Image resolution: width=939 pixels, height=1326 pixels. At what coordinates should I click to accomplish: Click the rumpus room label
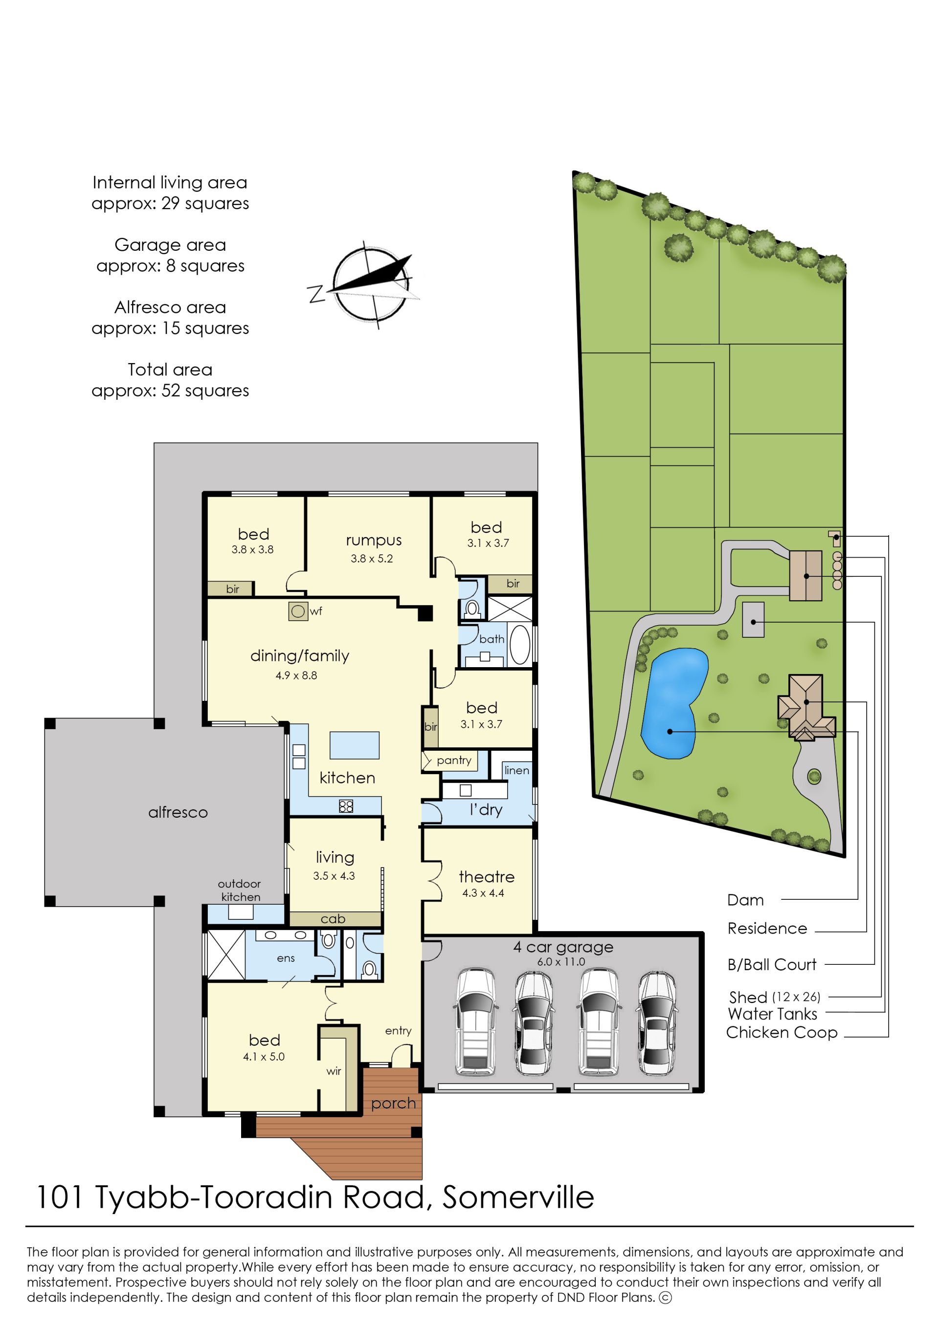pos(374,541)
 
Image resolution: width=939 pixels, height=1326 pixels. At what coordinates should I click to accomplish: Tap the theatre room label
pos(486,876)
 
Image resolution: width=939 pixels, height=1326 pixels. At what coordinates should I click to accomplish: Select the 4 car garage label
pos(563,948)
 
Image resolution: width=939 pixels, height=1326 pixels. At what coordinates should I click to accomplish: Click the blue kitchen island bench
pos(355,745)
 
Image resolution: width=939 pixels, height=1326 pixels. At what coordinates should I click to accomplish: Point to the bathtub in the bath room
pos(520,644)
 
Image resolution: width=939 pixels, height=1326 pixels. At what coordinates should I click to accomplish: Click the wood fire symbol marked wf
pos(298,611)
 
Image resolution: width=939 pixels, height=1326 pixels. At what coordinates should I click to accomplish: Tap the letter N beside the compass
pos(316,294)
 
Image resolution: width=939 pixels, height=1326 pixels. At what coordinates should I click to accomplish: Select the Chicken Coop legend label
pos(782,1032)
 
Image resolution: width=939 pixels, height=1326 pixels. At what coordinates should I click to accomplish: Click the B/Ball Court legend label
pos(772,964)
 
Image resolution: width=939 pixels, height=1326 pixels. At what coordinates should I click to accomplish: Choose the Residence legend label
pos(767,929)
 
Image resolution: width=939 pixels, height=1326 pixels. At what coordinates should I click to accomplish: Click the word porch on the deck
pos(393,1104)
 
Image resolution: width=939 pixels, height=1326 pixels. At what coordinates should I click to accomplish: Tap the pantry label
pos(454,761)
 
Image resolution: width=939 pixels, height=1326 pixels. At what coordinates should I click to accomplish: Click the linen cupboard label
pos(516,770)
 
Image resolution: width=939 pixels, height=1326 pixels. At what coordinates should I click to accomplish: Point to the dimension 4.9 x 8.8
pos(296,675)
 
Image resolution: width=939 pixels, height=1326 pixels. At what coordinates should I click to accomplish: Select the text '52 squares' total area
pos(205,391)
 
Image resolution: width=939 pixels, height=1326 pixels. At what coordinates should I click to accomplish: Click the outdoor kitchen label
pos(239,891)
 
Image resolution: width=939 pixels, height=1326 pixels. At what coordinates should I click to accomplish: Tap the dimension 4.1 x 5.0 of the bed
pos(264,1057)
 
